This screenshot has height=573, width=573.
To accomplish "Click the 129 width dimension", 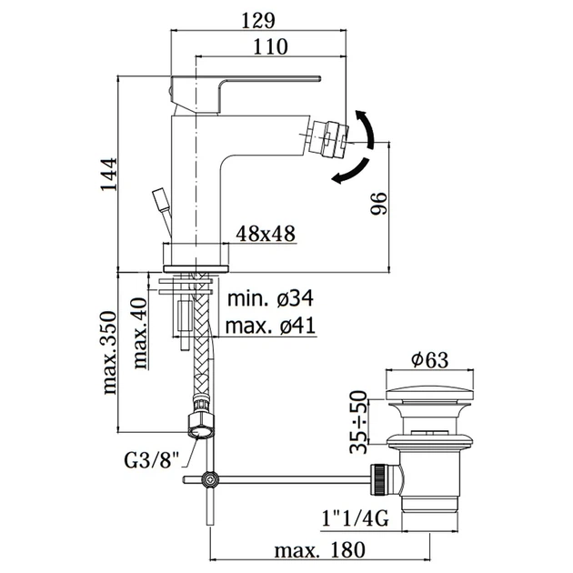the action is coord(257,20).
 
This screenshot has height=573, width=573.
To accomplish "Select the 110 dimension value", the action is coord(270,46).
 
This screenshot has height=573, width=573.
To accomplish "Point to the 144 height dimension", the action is coord(109,174).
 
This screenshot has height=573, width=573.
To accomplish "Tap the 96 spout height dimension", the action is coord(378,203).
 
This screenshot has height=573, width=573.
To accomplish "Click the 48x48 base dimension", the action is coord(266,234).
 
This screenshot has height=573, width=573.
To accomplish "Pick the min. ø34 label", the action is coord(270,298).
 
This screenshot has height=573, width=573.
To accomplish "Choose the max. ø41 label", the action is coord(270,326).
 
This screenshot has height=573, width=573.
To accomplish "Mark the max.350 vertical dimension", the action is coord(109,353).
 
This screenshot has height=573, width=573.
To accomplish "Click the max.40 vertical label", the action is coord(140,333).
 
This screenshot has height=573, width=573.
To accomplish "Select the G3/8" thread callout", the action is coord(153,460).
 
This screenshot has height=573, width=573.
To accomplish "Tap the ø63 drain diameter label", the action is coord(429,360).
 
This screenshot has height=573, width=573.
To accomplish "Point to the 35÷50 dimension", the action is coord(358,422).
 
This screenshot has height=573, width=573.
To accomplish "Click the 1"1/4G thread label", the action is coord(355,518).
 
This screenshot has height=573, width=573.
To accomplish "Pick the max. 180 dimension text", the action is coord(320,550).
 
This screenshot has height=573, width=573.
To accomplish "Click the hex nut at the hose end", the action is coord(200,425).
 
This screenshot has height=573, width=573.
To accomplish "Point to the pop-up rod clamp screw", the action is coord(211,480).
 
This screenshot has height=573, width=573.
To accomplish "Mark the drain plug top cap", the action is coord(429,395).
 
